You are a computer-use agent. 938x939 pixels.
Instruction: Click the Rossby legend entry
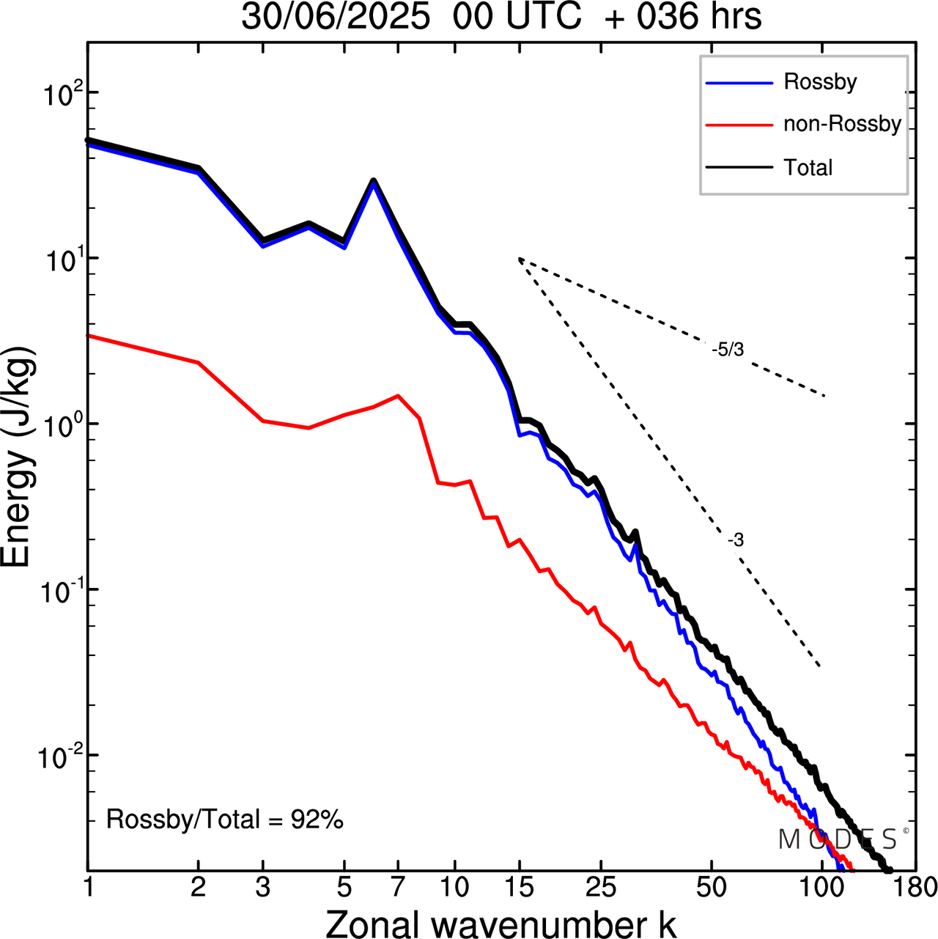tap(819, 81)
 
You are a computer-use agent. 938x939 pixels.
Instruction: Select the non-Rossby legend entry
tap(841, 124)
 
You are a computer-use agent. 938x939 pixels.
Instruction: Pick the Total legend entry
tap(808, 168)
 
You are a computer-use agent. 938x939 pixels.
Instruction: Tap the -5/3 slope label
tap(728, 350)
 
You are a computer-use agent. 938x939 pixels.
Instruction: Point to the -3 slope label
tap(736, 540)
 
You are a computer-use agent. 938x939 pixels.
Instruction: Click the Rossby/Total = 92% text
tap(225, 819)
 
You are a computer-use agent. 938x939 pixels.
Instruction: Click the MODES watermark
tap(838, 839)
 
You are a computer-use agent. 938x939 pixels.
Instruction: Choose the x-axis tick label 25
tap(601, 887)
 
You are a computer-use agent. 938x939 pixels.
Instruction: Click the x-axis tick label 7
tap(398, 887)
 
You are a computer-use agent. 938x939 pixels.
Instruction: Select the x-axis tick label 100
tap(821, 887)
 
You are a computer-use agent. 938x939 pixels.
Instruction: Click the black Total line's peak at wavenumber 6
tap(374, 180)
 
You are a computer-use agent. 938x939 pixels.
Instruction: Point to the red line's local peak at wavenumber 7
tap(398, 396)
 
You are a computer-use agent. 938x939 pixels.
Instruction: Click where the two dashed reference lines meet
tap(519, 258)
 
